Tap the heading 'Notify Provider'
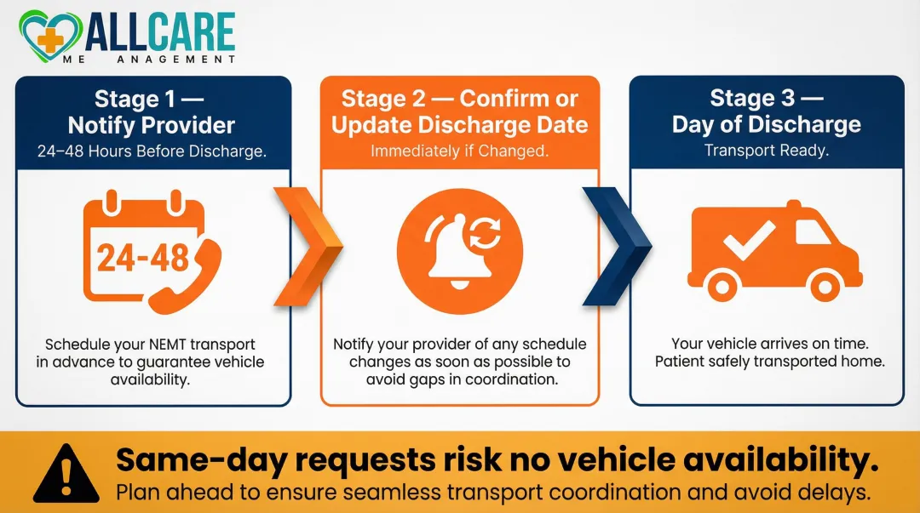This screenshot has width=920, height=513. [152, 126]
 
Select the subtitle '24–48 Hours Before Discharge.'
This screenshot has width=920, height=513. [152, 151]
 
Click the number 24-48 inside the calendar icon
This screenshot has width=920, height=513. [142, 257]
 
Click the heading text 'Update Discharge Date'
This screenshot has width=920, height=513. [460, 126]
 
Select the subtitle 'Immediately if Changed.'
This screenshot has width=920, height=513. [460, 151]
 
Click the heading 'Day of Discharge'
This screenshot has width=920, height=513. [766, 124]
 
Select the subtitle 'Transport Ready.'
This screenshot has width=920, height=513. [766, 151]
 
